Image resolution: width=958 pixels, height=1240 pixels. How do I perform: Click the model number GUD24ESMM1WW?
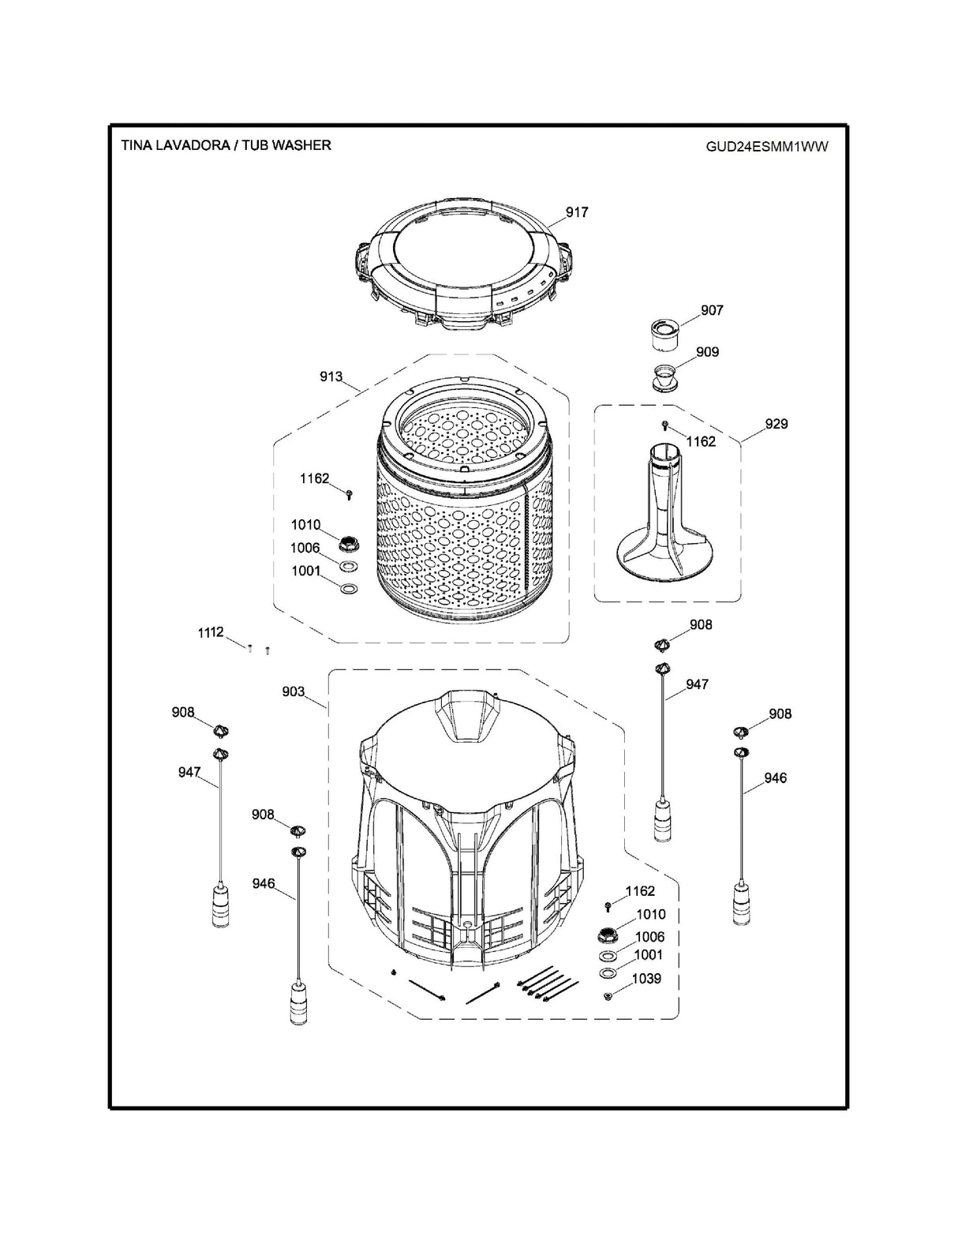[767, 146]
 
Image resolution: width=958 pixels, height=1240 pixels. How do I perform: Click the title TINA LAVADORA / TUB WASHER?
[226, 145]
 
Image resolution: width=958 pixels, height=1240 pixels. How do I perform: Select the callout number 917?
[577, 212]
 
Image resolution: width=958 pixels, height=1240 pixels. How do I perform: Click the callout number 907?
[712, 310]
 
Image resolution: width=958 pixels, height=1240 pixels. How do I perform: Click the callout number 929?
[776, 424]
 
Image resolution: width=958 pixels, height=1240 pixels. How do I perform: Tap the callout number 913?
[331, 376]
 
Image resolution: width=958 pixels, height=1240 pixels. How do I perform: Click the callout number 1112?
[211, 632]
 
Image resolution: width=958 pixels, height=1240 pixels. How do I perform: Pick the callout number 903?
[294, 691]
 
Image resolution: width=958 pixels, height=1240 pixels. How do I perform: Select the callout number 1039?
[646, 979]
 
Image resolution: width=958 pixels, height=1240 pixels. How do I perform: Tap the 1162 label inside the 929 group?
[701, 441]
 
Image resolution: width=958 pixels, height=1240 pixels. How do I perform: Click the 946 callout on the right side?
[775, 778]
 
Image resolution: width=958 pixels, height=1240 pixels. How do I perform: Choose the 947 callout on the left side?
[189, 773]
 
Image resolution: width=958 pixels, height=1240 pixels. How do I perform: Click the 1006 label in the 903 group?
[650, 937]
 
